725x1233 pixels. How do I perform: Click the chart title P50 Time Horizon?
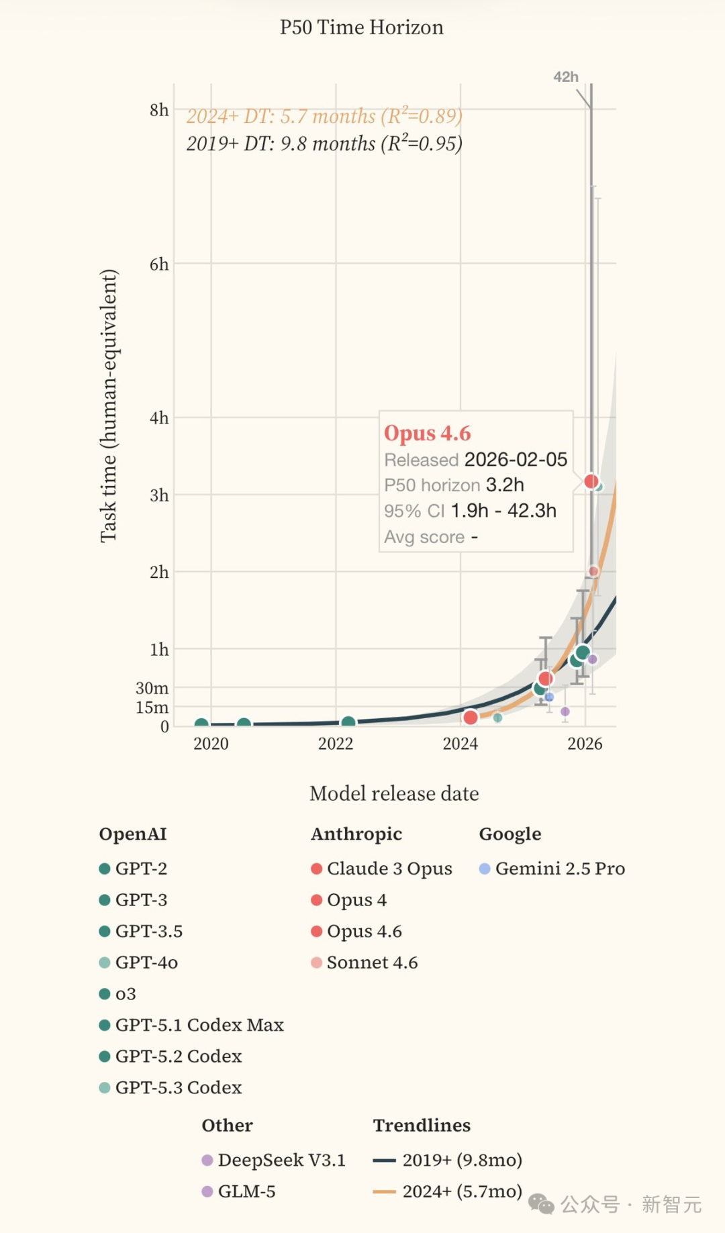coord(361,28)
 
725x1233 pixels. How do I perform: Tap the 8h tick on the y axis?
coord(159,110)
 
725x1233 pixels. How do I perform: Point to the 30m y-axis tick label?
coord(152,688)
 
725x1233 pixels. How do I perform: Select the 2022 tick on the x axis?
coord(336,744)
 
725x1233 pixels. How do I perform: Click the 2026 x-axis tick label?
coord(585,744)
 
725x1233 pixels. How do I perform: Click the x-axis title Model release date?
coord(394,793)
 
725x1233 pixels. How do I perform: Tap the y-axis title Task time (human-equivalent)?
coord(109,405)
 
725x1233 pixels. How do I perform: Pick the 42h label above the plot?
coord(565,77)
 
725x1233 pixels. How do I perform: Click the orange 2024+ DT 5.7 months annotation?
coord(324,116)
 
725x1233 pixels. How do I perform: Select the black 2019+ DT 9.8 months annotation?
coord(324,144)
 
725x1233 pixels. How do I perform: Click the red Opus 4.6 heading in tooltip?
coord(428,434)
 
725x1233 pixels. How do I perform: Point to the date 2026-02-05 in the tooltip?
coord(516,460)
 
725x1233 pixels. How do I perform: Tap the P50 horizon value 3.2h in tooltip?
coord(505,485)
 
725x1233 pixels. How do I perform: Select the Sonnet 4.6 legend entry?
coord(372,963)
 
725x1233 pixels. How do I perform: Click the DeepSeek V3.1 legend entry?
coord(281,1160)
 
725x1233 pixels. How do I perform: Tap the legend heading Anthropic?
coord(356,834)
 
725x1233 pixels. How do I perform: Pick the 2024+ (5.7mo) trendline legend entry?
coord(462,1191)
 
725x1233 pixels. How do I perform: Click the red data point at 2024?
coord(471,718)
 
